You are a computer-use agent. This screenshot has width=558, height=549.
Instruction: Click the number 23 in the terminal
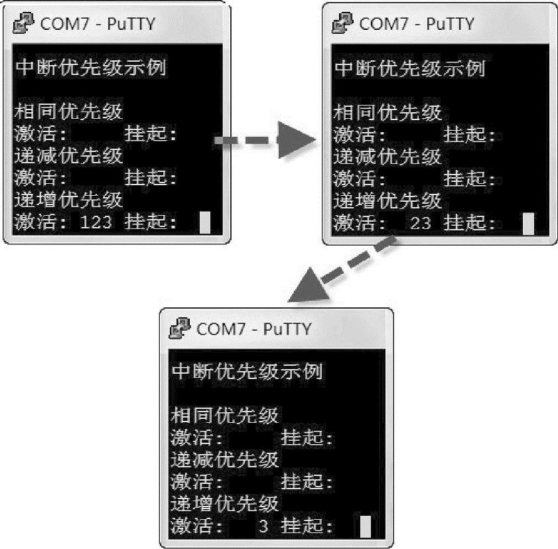[x=421, y=223]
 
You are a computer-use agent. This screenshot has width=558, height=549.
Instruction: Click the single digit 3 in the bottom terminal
[x=263, y=527]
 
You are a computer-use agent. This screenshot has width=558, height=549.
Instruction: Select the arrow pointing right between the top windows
[x=266, y=140]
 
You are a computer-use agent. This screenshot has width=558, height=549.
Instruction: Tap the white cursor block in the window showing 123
[x=205, y=222]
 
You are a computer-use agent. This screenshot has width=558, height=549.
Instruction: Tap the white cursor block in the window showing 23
[x=528, y=223]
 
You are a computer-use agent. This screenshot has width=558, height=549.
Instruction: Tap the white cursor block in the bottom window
[x=366, y=527]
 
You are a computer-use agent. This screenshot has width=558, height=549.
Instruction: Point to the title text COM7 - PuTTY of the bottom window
[x=254, y=329]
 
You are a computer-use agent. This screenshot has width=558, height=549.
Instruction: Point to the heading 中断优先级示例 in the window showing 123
[x=90, y=68]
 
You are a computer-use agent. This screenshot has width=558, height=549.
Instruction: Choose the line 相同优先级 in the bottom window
[x=225, y=416]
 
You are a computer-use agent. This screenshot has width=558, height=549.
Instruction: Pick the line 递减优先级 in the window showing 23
[x=387, y=157]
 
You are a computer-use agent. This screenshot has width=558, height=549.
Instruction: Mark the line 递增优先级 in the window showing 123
[x=69, y=200]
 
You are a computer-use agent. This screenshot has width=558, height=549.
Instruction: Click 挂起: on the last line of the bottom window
[x=307, y=527]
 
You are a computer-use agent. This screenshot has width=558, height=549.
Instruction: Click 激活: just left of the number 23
[x=359, y=223]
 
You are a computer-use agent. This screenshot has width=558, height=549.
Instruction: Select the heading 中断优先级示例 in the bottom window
[x=247, y=372]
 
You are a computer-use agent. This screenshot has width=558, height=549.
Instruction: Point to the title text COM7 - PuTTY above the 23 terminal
[x=417, y=24]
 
